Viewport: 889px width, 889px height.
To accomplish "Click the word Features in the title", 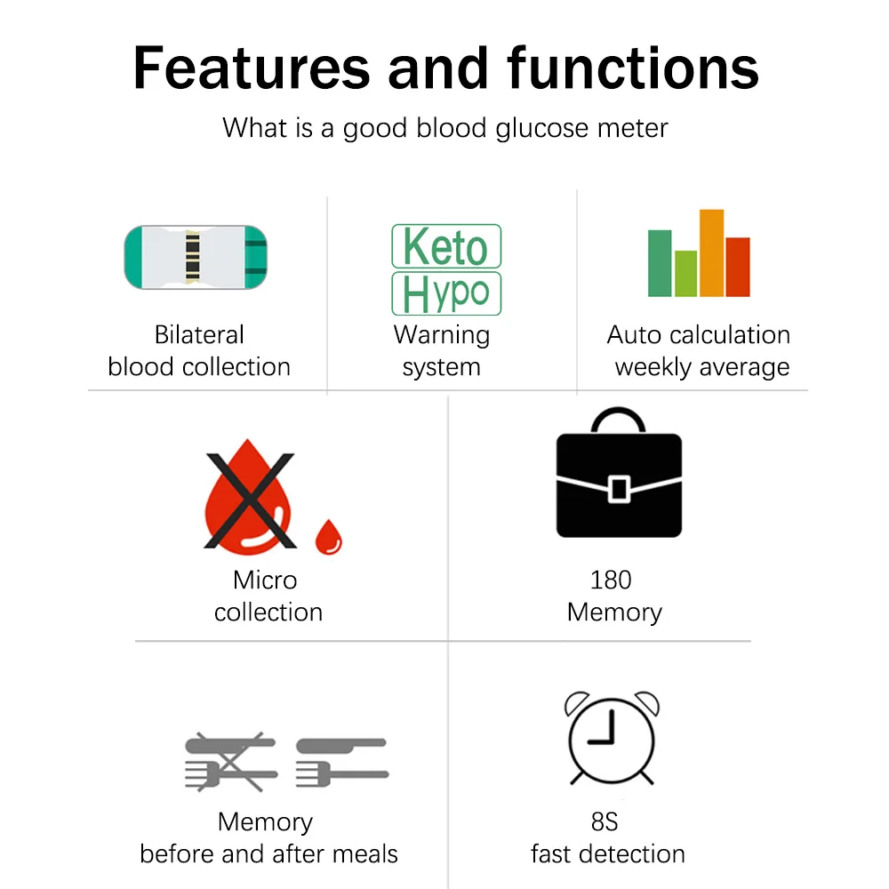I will click(252, 68).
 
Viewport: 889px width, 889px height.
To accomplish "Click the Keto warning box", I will click(446, 246).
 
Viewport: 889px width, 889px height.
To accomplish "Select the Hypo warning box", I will click(446, 293).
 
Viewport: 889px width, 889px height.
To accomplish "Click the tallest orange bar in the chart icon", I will click(711, 252).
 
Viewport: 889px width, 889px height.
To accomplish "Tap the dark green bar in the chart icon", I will click(660, 263).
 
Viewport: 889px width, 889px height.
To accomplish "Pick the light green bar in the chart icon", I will click(685, 273).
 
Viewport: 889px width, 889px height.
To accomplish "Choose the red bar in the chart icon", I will click(738, 267).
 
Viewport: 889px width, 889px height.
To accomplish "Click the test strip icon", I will click(196, 257).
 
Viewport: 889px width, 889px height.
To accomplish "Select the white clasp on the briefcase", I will click(619, 489).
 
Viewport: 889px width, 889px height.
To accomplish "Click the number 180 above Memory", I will click(611, 581).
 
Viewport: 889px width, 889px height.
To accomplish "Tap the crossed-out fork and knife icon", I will click(231, 762).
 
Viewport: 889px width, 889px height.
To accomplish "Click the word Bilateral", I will click(199, 335).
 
